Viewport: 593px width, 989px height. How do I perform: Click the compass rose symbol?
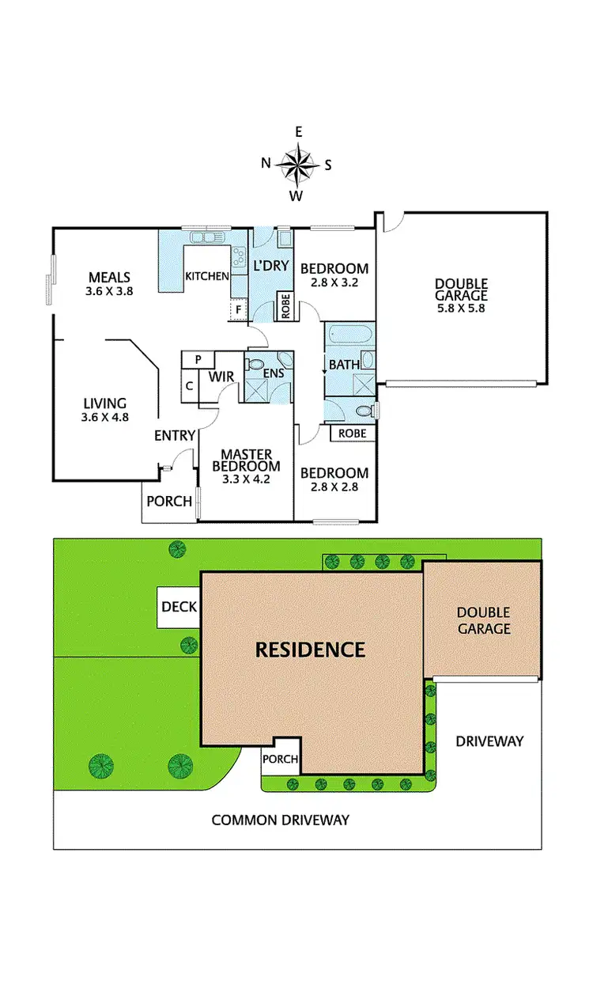[296, 164]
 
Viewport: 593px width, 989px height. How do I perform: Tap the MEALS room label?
[109, 277]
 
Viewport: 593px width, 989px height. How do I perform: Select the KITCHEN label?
[207, 276]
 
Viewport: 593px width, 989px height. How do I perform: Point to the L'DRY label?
[271, 266]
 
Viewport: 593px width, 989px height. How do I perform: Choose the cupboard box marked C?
[190, 386]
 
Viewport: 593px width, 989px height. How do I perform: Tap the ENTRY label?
[175, 435]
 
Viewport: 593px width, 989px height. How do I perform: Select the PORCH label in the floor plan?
[169, 501]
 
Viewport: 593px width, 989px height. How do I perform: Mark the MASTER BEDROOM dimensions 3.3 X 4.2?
[246, 479]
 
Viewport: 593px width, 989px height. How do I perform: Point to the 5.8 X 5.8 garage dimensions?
[461, 309]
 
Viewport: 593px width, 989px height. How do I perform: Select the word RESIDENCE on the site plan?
[310, 650]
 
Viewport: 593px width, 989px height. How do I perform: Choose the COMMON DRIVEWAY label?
[280, 820]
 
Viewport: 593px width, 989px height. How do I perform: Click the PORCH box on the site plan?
[280, 760]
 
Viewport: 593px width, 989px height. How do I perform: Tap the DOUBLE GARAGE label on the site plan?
[483, 621]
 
